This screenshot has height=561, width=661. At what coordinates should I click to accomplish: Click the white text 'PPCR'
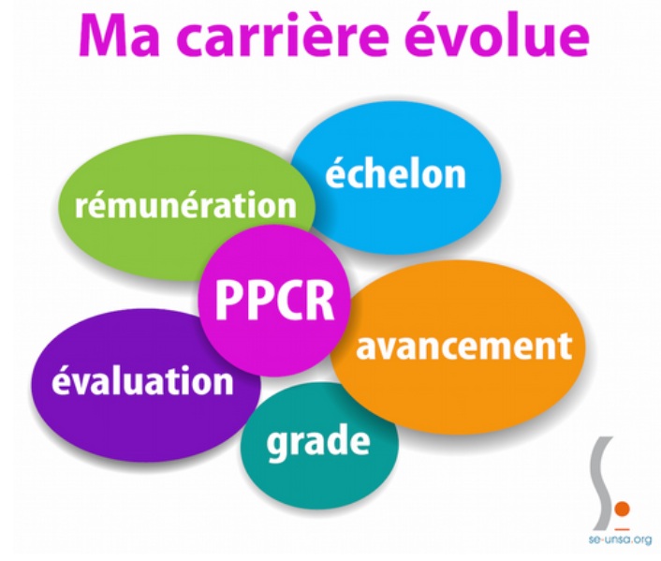pos(274,300)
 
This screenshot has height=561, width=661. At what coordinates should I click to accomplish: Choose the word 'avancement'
pos(463,345)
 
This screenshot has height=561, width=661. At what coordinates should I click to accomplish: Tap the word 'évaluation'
pos(142,378)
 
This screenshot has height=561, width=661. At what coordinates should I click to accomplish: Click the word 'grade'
pos(318,442)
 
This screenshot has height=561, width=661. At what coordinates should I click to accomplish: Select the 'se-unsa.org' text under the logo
pos(620,539)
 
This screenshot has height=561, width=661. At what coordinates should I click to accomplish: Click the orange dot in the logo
pos(622,509)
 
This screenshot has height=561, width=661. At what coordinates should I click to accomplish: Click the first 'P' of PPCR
pos(228,301)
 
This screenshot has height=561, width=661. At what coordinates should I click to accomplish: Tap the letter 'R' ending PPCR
pos(319,301)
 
